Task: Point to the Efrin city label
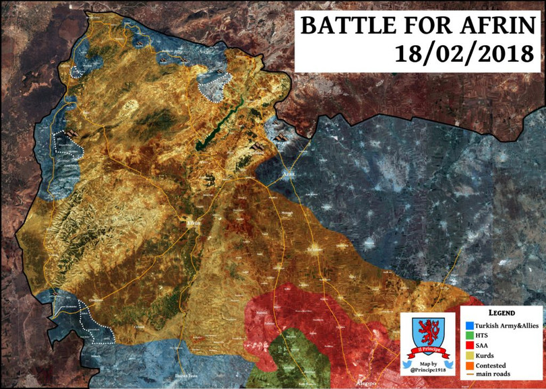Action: click(193, 224)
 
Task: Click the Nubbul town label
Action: click(263, 314)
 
